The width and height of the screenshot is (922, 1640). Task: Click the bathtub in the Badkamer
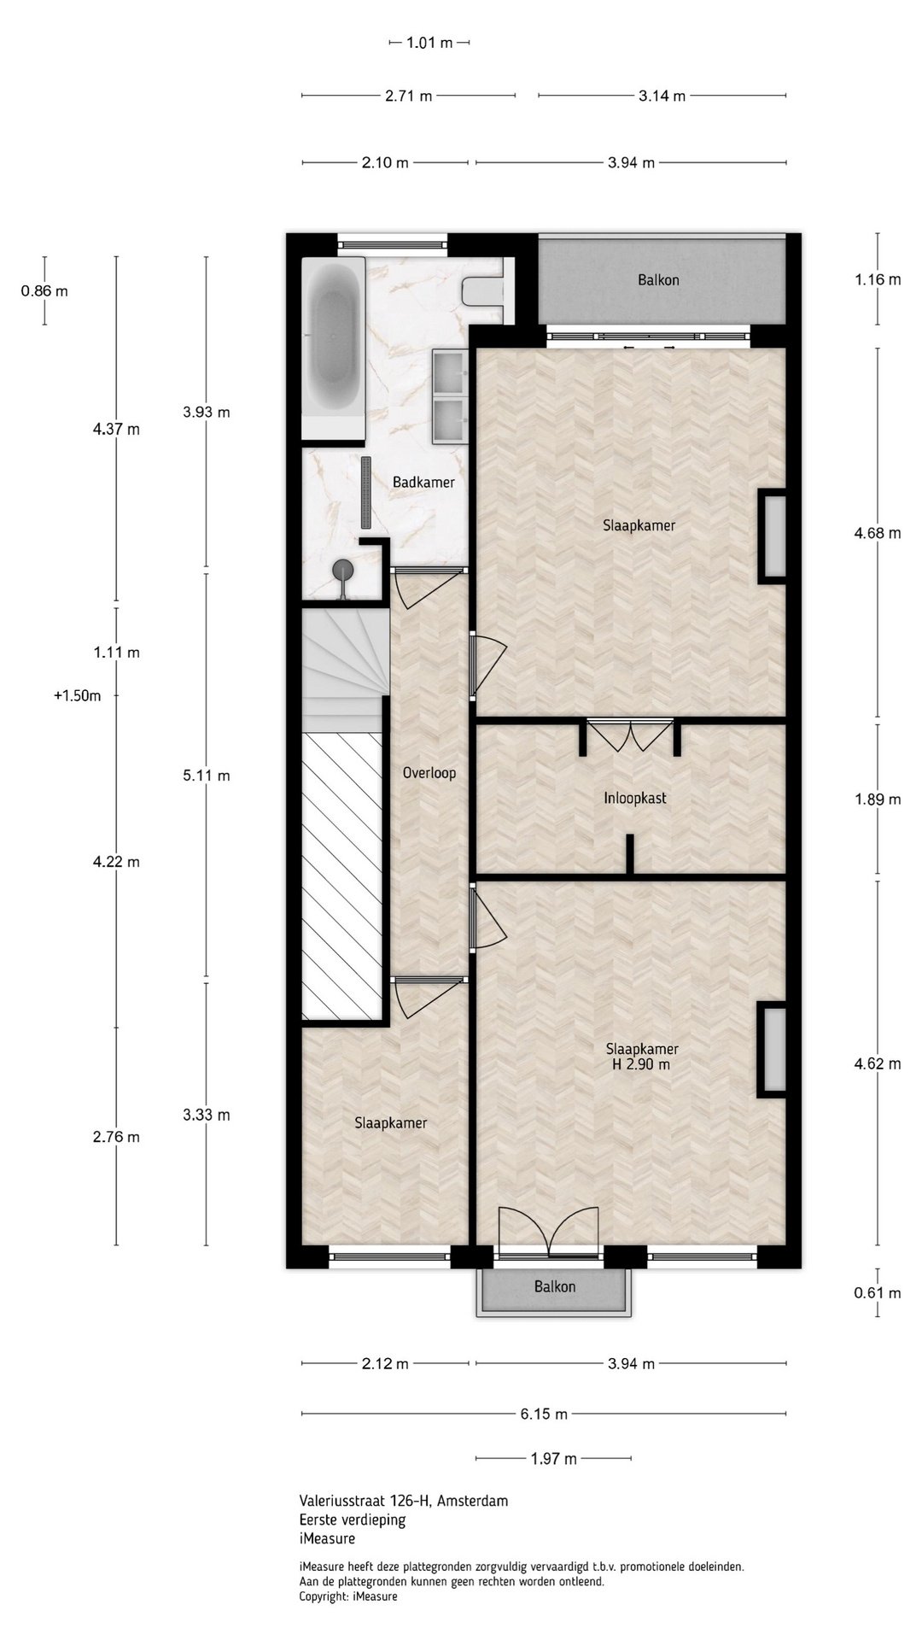tap(334, 348)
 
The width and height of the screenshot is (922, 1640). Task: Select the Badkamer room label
tap(423, 483)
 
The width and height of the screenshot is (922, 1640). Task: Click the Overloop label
tap(429, 773)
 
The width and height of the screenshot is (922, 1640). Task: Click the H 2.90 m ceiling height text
tap(640, 1065)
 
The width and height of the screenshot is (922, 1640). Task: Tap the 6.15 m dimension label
tap(545, 1414)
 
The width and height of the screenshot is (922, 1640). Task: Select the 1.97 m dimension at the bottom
tap(553, 1459)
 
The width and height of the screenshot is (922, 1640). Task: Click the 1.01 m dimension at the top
tap(429, 43)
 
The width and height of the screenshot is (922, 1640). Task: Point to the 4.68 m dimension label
tap(877, 534)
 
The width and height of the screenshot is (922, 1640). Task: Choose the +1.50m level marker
tap(77, 695)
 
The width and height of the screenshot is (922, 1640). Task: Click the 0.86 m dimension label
tap(44, 291)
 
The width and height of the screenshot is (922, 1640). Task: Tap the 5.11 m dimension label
tap(206, 776)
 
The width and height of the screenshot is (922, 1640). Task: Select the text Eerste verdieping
tap(353, 1520)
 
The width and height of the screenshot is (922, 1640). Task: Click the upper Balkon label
tap(659, 280)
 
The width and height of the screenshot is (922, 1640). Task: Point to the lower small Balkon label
tap(555, 1286)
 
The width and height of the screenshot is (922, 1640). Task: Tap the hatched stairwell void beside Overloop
tap(342, 876)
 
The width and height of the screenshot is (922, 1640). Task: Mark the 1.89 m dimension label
tap(877, 800)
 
